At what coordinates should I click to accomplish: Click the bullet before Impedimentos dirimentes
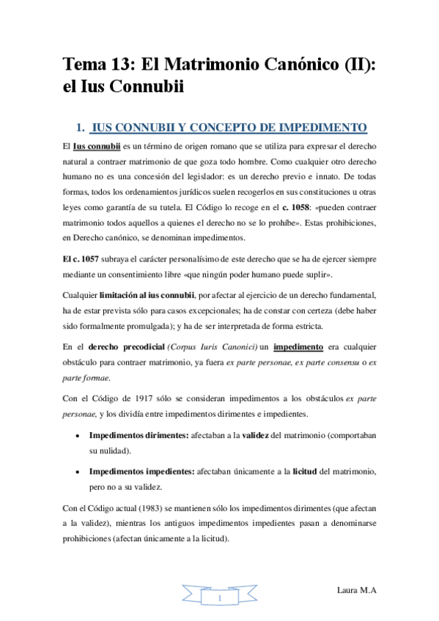[78, 435]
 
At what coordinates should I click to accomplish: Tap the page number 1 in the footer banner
[220, 600]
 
